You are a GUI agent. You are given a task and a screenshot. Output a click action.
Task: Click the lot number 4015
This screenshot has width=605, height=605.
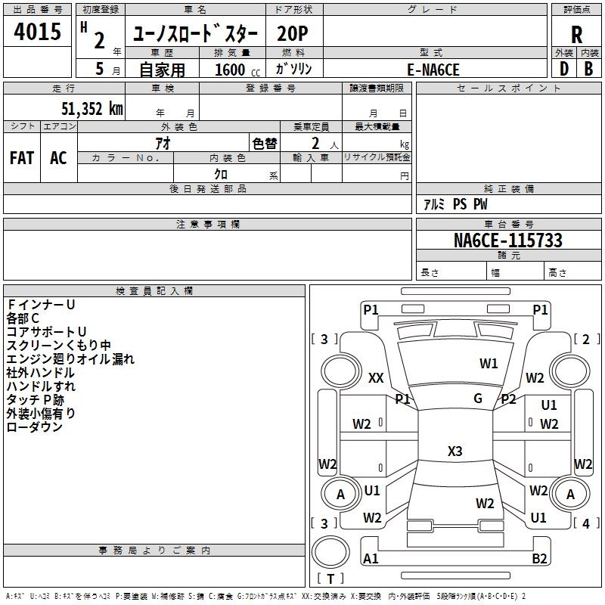(x=38, y=32)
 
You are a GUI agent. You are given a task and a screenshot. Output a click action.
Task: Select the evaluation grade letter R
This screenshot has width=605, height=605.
(x=577, y=34)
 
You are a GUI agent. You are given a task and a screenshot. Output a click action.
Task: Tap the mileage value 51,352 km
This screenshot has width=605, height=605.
(x=84, y=109)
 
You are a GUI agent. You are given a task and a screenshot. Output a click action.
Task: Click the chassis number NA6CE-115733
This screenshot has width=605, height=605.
(x=507, y=241)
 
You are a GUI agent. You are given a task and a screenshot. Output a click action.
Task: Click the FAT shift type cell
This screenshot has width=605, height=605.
(x=22, y=158)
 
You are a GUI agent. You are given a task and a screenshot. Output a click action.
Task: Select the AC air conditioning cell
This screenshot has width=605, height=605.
(x=58, y=158)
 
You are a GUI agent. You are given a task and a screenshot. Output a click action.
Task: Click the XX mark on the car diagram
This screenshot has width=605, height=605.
(x=376, y=378)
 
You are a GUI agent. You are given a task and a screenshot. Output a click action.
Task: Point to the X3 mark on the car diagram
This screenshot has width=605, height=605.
(x=455, y=451)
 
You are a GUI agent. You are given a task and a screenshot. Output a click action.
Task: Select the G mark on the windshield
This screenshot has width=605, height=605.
(x=478, y=399)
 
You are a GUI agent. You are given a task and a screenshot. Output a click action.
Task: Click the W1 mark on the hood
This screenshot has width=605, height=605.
(x=489, y=364)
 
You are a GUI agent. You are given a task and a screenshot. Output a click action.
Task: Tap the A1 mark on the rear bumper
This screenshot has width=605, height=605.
(x=371, y=558)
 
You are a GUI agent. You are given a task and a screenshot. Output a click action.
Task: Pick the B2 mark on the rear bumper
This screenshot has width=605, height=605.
(x=539, y=558)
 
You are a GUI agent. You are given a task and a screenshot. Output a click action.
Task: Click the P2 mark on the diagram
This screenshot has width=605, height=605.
(x=508, y=399)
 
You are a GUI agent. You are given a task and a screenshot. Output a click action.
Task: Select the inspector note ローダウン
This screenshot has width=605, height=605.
(x=35, y=427)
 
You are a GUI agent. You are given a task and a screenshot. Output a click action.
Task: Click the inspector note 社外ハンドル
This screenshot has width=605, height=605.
(x=40, y=373)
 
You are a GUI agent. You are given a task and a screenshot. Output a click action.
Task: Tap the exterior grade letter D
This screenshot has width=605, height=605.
(x=563, y=69)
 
